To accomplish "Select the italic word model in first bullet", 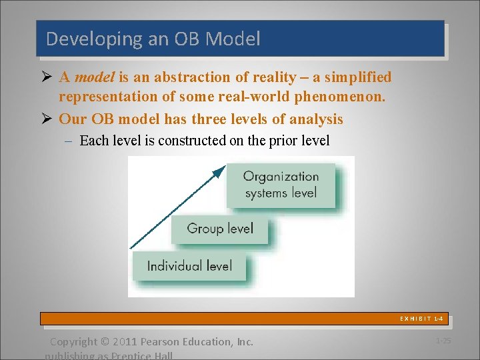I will pyautogui.click(x=95, y=77).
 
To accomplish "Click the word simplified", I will pyautogui.click(x=354, y=77).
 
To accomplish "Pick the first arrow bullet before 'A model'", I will pyautogui.click(x=46, y=78).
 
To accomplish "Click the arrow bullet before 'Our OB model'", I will pyautogui.click(x=46, y=119).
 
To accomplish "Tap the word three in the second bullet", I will pyautogui.click(x=187, y=119).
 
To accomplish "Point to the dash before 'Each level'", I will pyautogui.click(x=70, y=141).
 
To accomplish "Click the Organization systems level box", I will pyautogui.click(x=281, y=185).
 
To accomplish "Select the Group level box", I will pyautogui.click(x=220, y=229).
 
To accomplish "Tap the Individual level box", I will pyautogui.click(x=189, y=266).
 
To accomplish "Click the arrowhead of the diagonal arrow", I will pyautogui.click(x=218, y=172).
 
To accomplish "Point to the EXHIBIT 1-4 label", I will pyautogui.click(x=421, y=319).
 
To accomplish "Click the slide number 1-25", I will pyautogui.click(x=443, y=341).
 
